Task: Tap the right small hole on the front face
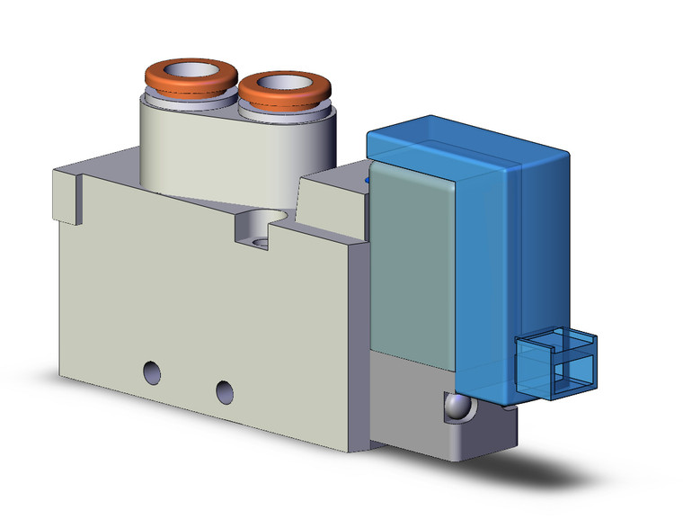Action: (223, 390)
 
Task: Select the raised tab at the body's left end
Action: (68, 193)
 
